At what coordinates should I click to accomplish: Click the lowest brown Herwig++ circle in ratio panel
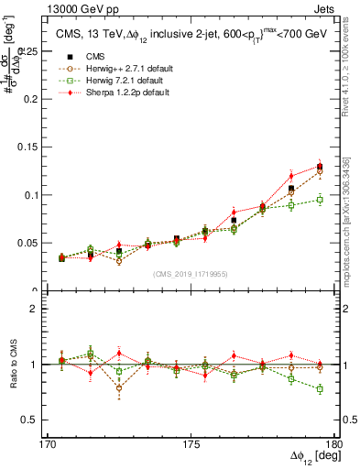119,388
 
